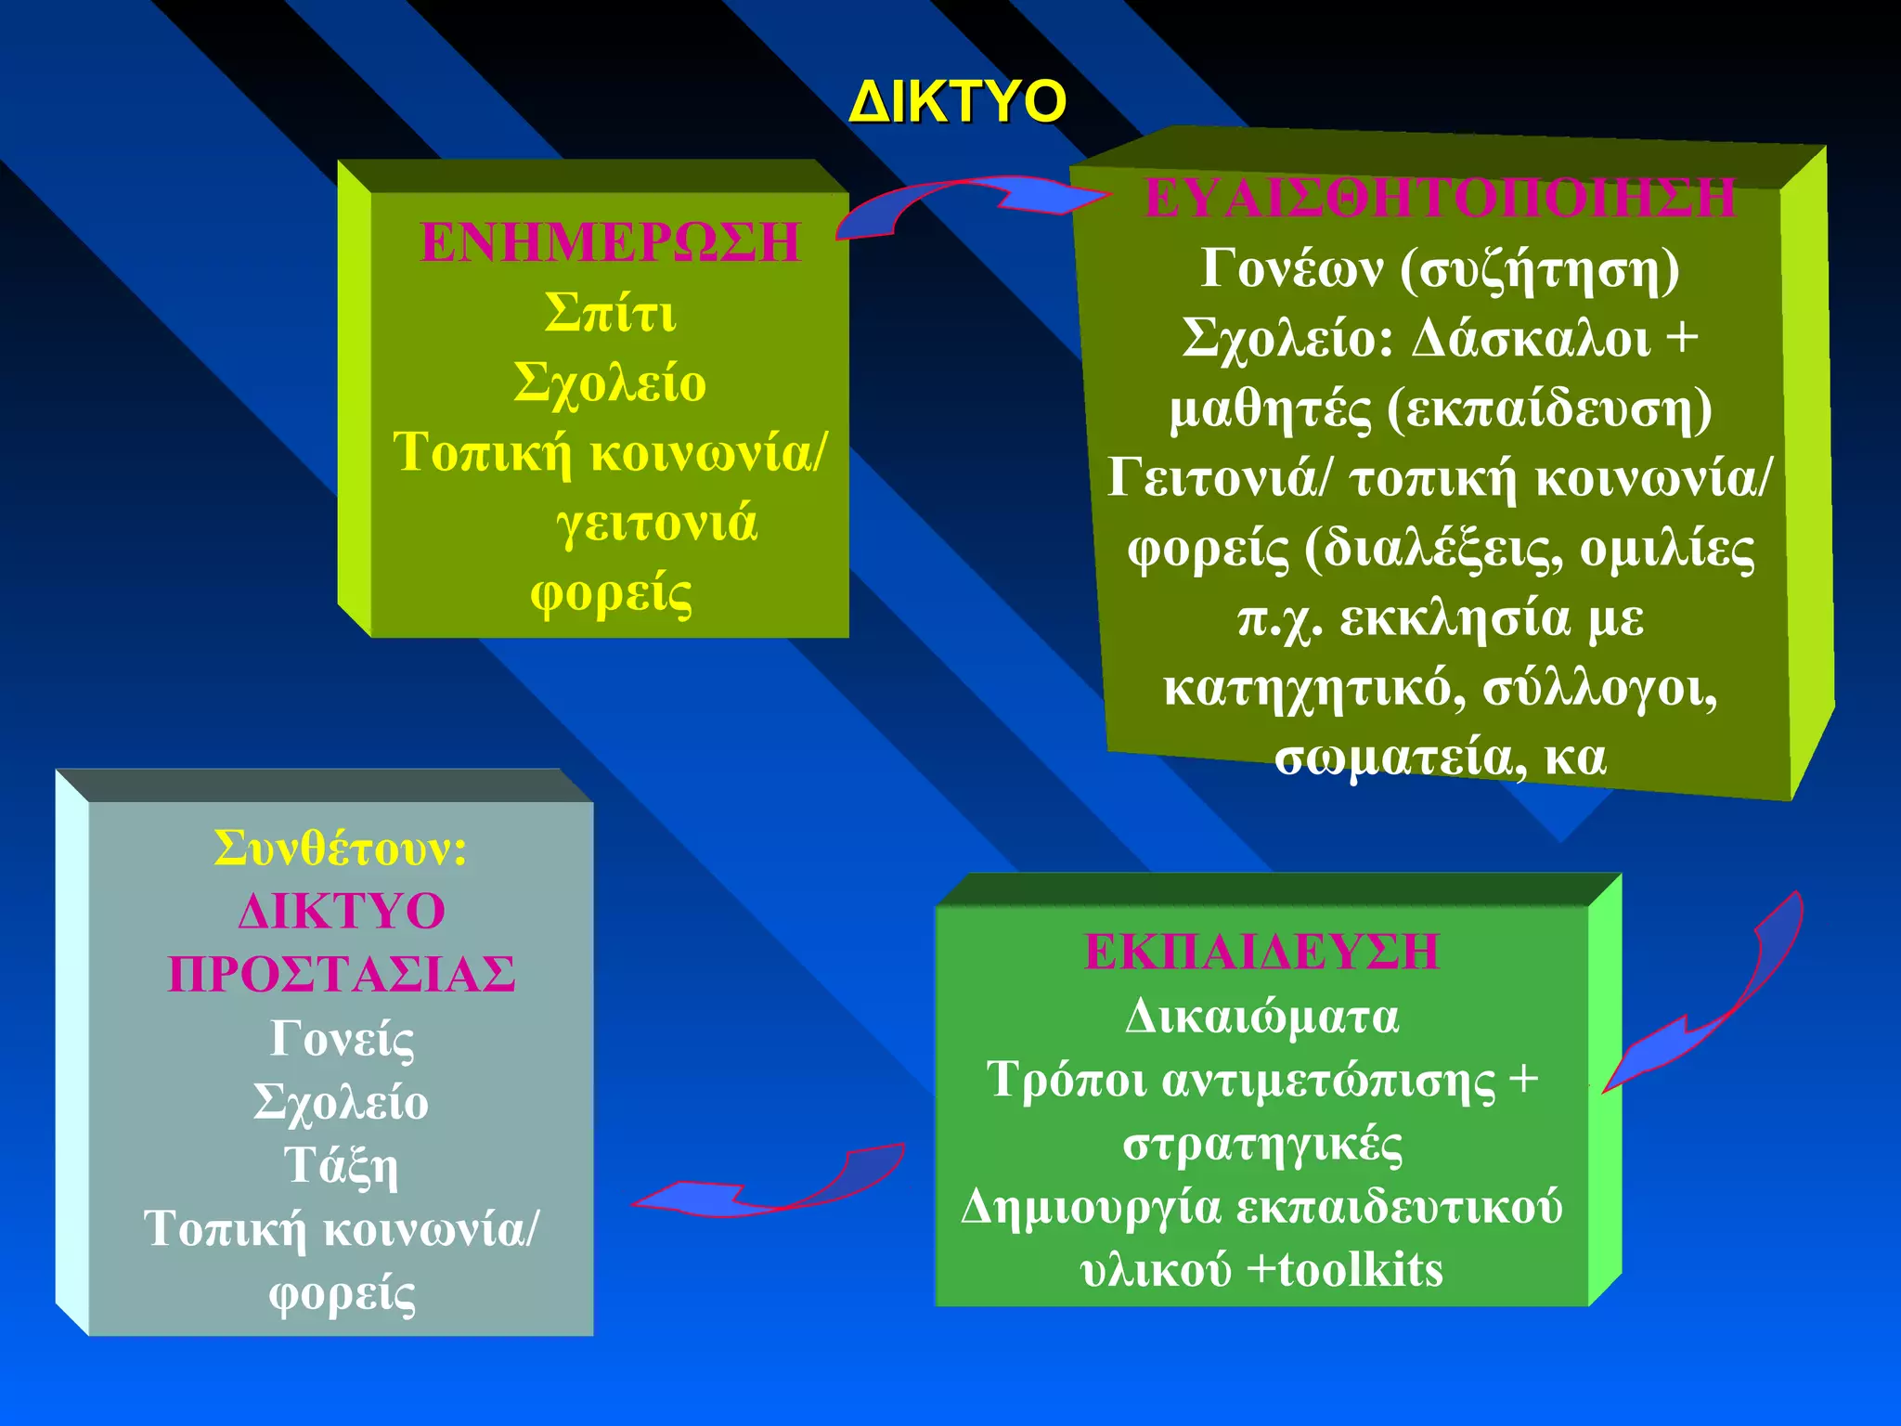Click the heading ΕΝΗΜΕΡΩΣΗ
(x=610, y=242)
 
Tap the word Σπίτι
(x=610, y=313)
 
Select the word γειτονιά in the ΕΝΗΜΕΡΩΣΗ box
(x=656, y=523)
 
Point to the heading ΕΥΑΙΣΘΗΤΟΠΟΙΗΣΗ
(x=1440, y=198)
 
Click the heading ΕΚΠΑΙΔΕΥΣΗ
(x=1261, y=952)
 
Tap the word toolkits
(x=1360, y=1269)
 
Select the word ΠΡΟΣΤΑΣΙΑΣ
(x=341, y=974)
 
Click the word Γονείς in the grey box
(x=341, y=1038)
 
